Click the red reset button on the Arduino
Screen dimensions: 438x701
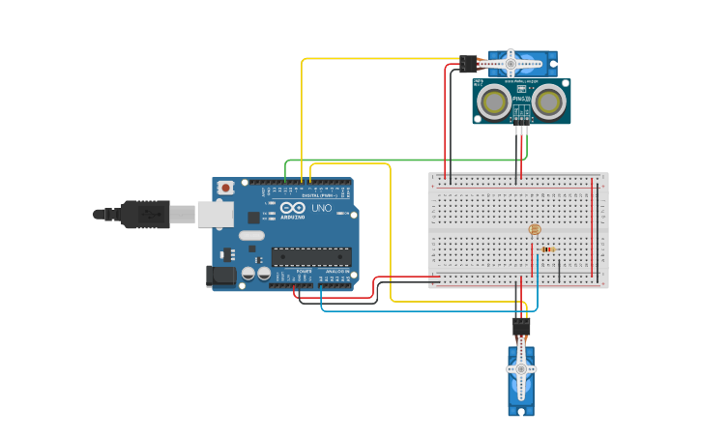tap(225, 188)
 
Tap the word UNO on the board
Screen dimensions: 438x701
tap(322, 208)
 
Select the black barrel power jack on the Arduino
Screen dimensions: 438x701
tap(221, 276)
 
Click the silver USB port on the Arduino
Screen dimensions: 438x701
tap(215, 214)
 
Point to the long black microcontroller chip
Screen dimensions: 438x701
tap(310, 256)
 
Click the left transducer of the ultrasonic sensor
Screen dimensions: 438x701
tap(495, 102)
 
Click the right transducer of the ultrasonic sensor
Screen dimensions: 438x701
tap(548, 102)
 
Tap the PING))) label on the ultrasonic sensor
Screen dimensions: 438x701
tap(520, 99)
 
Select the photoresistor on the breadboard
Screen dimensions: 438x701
tap(535, 230)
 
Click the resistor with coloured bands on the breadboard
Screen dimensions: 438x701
tap(547, 249)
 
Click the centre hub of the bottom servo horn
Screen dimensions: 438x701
tap(521, 369)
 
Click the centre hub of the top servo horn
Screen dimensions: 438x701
tap(510, 63)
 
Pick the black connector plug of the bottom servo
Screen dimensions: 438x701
tap(521, 327)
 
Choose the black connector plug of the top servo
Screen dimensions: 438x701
tap(469, 64)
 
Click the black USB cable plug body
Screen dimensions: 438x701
tap(146, 214)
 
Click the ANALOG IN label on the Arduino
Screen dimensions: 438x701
tap(336, 272)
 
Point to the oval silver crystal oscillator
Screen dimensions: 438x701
tap(250, 235)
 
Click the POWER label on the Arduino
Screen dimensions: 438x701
tap(303, 272)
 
